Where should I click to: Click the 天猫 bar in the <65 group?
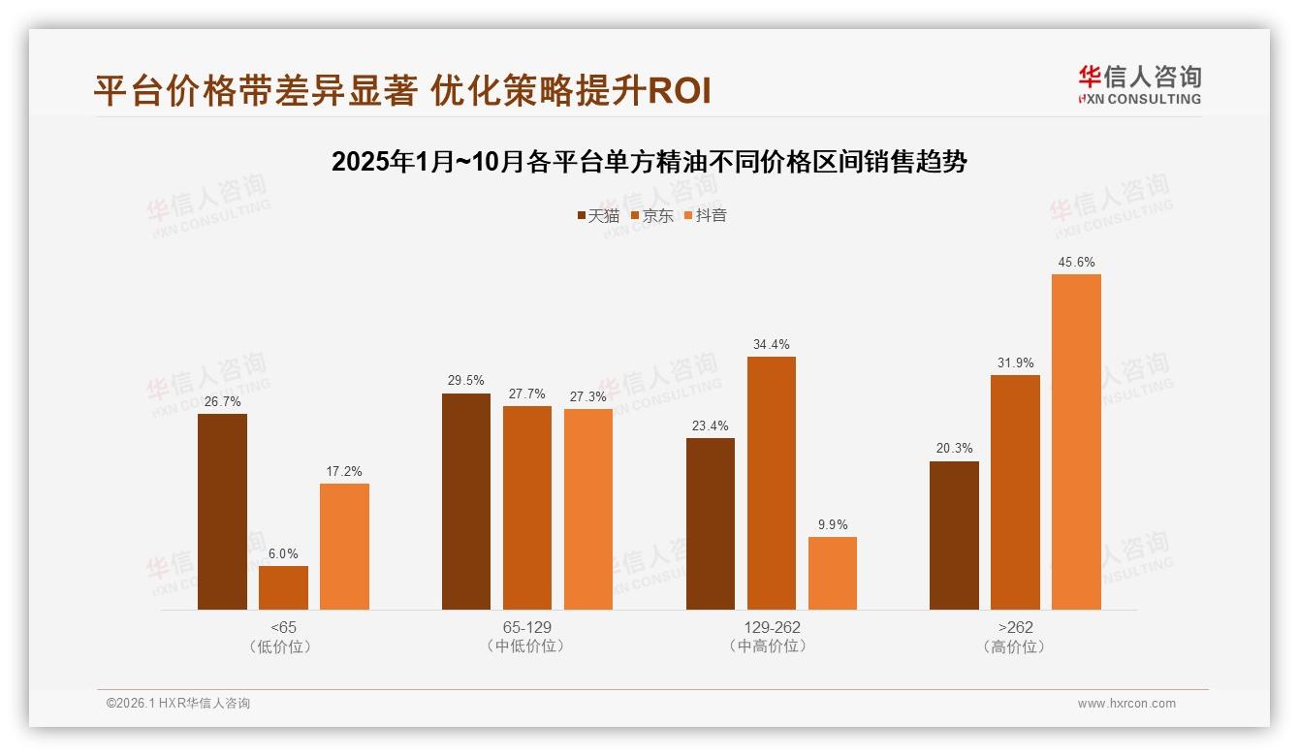222,512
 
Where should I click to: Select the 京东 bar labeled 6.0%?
283,587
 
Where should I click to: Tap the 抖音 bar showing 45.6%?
1076,442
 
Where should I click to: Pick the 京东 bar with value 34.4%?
771,483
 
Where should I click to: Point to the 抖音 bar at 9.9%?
832,573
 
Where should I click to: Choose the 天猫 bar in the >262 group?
954,535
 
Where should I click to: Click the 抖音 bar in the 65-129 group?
587,509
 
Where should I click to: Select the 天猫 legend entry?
598,215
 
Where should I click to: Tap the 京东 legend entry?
652,215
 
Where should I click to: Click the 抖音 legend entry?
706,215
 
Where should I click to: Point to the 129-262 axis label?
772,627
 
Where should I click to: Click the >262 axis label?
1015,627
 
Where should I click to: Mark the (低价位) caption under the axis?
283,646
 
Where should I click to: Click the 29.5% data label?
465,380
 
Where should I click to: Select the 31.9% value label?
1015,362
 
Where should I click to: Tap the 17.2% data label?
344,471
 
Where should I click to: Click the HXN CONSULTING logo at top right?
1139,84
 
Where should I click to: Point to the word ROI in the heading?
679,91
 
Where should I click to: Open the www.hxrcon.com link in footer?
1126,704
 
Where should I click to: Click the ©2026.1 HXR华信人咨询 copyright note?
178,704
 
